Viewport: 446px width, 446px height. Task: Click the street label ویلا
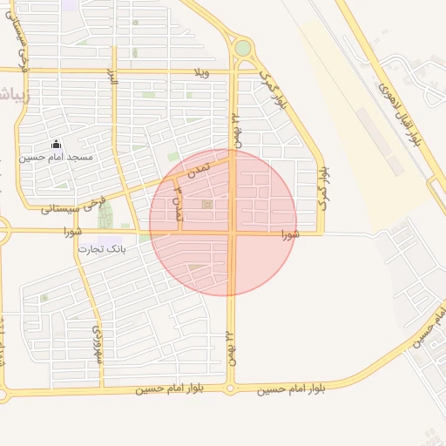coord(202,71)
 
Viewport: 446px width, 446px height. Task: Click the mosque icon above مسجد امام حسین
coord(57,145)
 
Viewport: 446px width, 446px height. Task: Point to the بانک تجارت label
coord(103,249)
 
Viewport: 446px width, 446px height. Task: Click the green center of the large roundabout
coord(243,49)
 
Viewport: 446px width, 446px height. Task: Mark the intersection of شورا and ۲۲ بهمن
coord(233,233)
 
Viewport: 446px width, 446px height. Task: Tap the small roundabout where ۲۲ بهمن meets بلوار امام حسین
coord(231,389)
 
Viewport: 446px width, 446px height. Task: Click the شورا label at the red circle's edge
coord(290,234)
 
